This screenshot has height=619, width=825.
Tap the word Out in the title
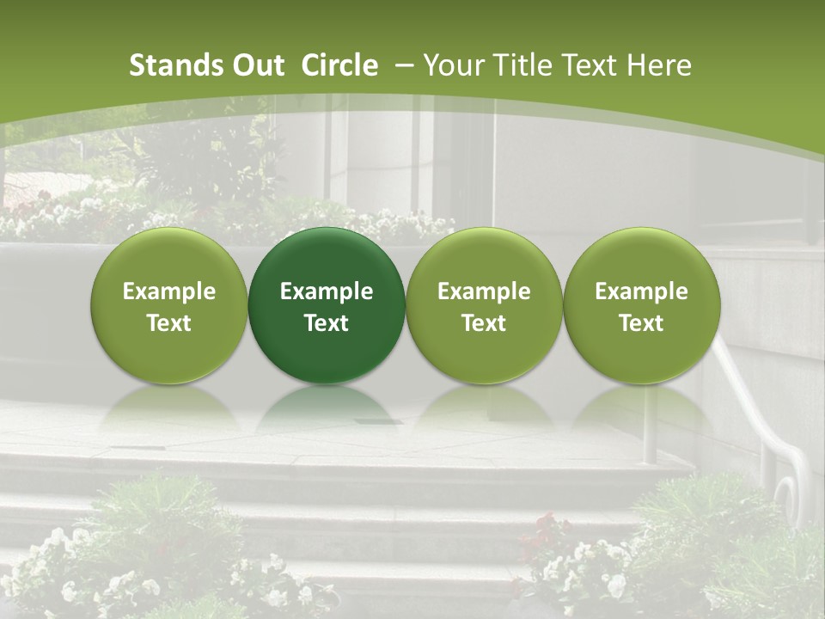click(x=256, y=65)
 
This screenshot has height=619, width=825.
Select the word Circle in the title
click(x=339, y=65)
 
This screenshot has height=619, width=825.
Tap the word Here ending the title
click(x=658, y=65)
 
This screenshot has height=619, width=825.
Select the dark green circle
click(x=327, y=305)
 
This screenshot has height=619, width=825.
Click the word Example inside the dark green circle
click(x=327, y=291)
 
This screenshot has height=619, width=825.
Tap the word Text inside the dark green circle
click(x=327, y=323)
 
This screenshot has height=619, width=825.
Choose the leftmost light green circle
click(x=169, y=305)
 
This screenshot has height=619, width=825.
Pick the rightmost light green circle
click(x=642, y=305)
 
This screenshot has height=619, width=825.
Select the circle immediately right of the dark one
click(x=484, y=305)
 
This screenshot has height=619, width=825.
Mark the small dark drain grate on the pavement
click(x=370, y=422)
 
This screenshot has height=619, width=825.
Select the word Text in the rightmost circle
click(x=642, y=323)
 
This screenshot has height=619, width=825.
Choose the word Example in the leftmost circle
click(x=169, y=291)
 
